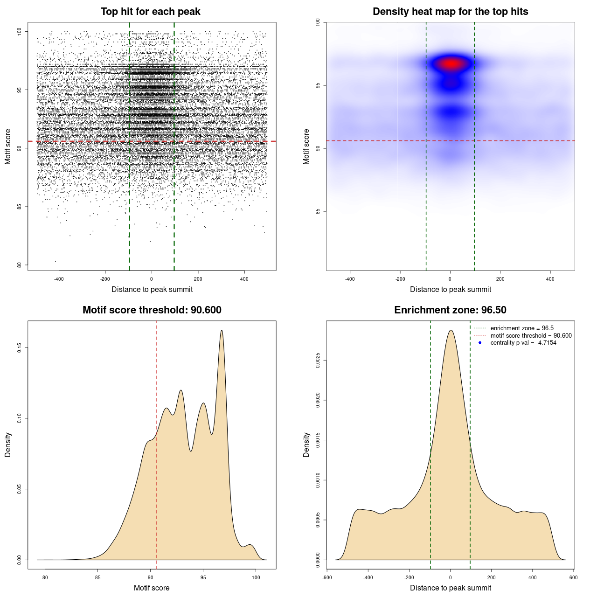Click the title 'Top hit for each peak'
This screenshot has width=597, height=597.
tap(150, 12)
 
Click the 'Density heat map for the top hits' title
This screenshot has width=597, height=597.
tap(450, 12)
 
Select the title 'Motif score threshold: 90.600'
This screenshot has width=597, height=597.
tap(152, 310)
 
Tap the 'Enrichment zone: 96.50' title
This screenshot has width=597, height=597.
tap(450, 310)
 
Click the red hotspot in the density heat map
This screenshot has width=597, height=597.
tap(451, 63)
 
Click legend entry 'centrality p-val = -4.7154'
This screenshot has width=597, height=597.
tap(523, 343)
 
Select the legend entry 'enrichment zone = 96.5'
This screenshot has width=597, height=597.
tap(522, 328)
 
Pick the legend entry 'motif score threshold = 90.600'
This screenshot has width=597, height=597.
tap(531, 336)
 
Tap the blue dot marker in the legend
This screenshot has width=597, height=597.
tap(480, 343)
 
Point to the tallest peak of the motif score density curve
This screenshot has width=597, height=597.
tap(222, 330)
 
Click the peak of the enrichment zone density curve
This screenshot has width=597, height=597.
tap(451, 330)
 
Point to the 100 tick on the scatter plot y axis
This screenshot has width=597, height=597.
tap(19, 31)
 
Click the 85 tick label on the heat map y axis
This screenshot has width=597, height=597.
tap(318, 211)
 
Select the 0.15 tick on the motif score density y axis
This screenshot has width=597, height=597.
tap(19, 347)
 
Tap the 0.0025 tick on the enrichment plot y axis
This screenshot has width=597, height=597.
tap(318, 360)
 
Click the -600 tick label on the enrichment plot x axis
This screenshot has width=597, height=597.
tap(327, 577)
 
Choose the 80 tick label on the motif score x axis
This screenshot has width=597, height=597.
tap(45, 577)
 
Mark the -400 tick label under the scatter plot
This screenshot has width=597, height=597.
tap(59, 279)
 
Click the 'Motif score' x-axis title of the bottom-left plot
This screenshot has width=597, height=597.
tap(152, 588)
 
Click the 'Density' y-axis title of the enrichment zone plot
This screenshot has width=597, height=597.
tap(306, 444)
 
